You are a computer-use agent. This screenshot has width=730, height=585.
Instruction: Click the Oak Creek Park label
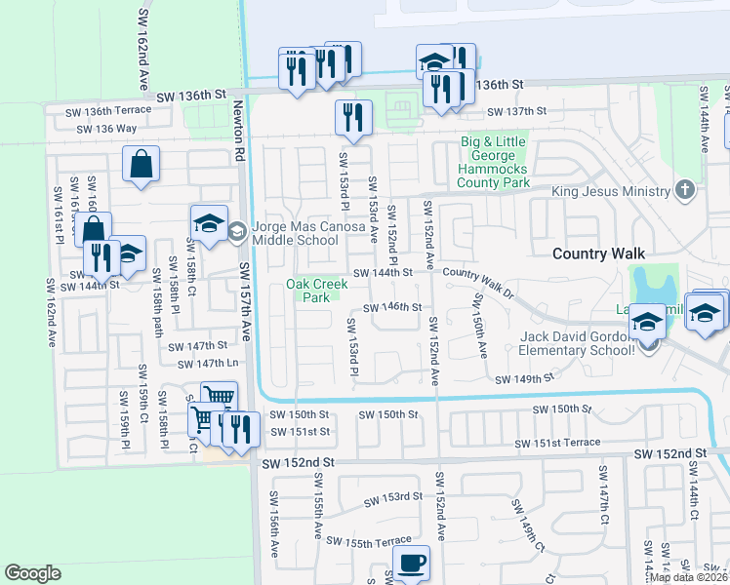[x=315, y=291]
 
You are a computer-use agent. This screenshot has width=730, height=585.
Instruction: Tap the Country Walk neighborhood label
[x=598, y=253]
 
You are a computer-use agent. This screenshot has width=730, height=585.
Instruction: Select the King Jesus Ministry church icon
[x=686, y=190]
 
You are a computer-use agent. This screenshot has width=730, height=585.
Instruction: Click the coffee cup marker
[x=411, y=562]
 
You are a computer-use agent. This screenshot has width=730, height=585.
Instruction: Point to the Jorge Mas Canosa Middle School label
[x=296, y=234]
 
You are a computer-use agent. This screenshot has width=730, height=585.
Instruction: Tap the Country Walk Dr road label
[x=478, y=280]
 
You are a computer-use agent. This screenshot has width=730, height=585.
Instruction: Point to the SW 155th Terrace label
[x=369, y=541]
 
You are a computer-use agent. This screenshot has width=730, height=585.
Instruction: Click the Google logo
[x=32, y=573]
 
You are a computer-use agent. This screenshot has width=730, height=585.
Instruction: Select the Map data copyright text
[x=688, y=577]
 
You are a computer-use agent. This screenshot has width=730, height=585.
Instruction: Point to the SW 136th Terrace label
[x=107, y=111]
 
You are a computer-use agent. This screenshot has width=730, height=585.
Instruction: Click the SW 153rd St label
[x=393, y=498]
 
